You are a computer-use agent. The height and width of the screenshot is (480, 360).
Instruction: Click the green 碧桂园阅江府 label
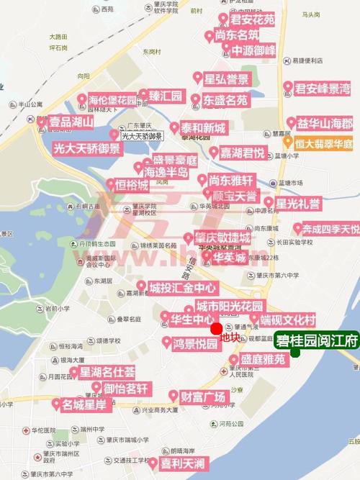316,340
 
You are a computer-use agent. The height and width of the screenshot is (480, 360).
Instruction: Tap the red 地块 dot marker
216,329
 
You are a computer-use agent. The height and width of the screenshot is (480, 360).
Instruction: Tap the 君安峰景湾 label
322,89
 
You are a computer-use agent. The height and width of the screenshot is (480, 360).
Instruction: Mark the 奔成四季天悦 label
329,229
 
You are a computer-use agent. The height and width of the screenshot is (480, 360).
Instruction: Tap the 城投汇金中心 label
176,287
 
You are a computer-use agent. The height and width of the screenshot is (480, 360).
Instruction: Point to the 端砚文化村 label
287,320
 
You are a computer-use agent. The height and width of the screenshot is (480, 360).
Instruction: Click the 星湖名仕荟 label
106,372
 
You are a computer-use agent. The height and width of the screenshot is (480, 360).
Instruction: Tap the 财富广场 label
202,396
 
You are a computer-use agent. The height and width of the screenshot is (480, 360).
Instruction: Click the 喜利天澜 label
181,462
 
